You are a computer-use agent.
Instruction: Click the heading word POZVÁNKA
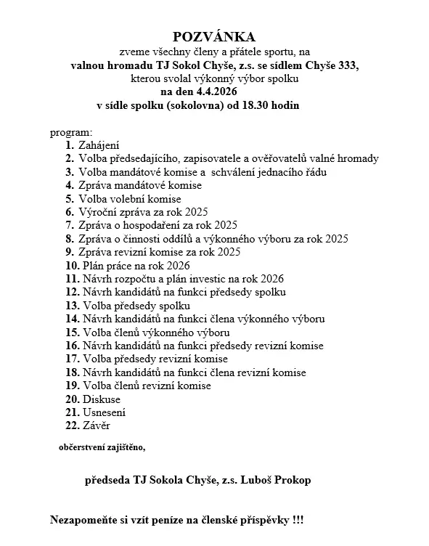tap(214, 36)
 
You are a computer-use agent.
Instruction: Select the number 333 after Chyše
tap(347, 65)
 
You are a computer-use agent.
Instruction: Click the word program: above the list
tap(71, 133)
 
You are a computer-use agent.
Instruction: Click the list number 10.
tap(71, 265)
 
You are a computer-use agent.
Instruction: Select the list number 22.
tap(71, 425)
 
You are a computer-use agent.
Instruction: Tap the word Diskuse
tap(102, 399)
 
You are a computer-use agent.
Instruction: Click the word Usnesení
tap(105, 412)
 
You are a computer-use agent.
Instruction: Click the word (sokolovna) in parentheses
tap(194, 105)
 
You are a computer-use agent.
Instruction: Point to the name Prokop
tap(298, 481)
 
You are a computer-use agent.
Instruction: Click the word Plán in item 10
tap(94, 265)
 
